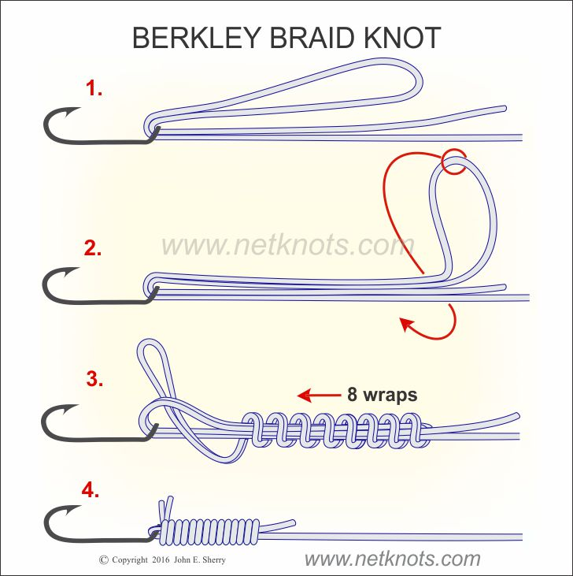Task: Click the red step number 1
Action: [x=94, y=89]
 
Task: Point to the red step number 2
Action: [x=93, y=249]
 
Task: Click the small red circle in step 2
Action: [x=453, y=161]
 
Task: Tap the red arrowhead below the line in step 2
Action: [x=406, y=322]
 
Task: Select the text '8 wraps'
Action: [x=381, y=394]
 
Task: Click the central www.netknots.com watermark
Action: [x=287, y=245]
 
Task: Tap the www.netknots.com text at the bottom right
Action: [x=392, y=559]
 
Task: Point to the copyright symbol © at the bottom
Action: [x=103, y=560]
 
